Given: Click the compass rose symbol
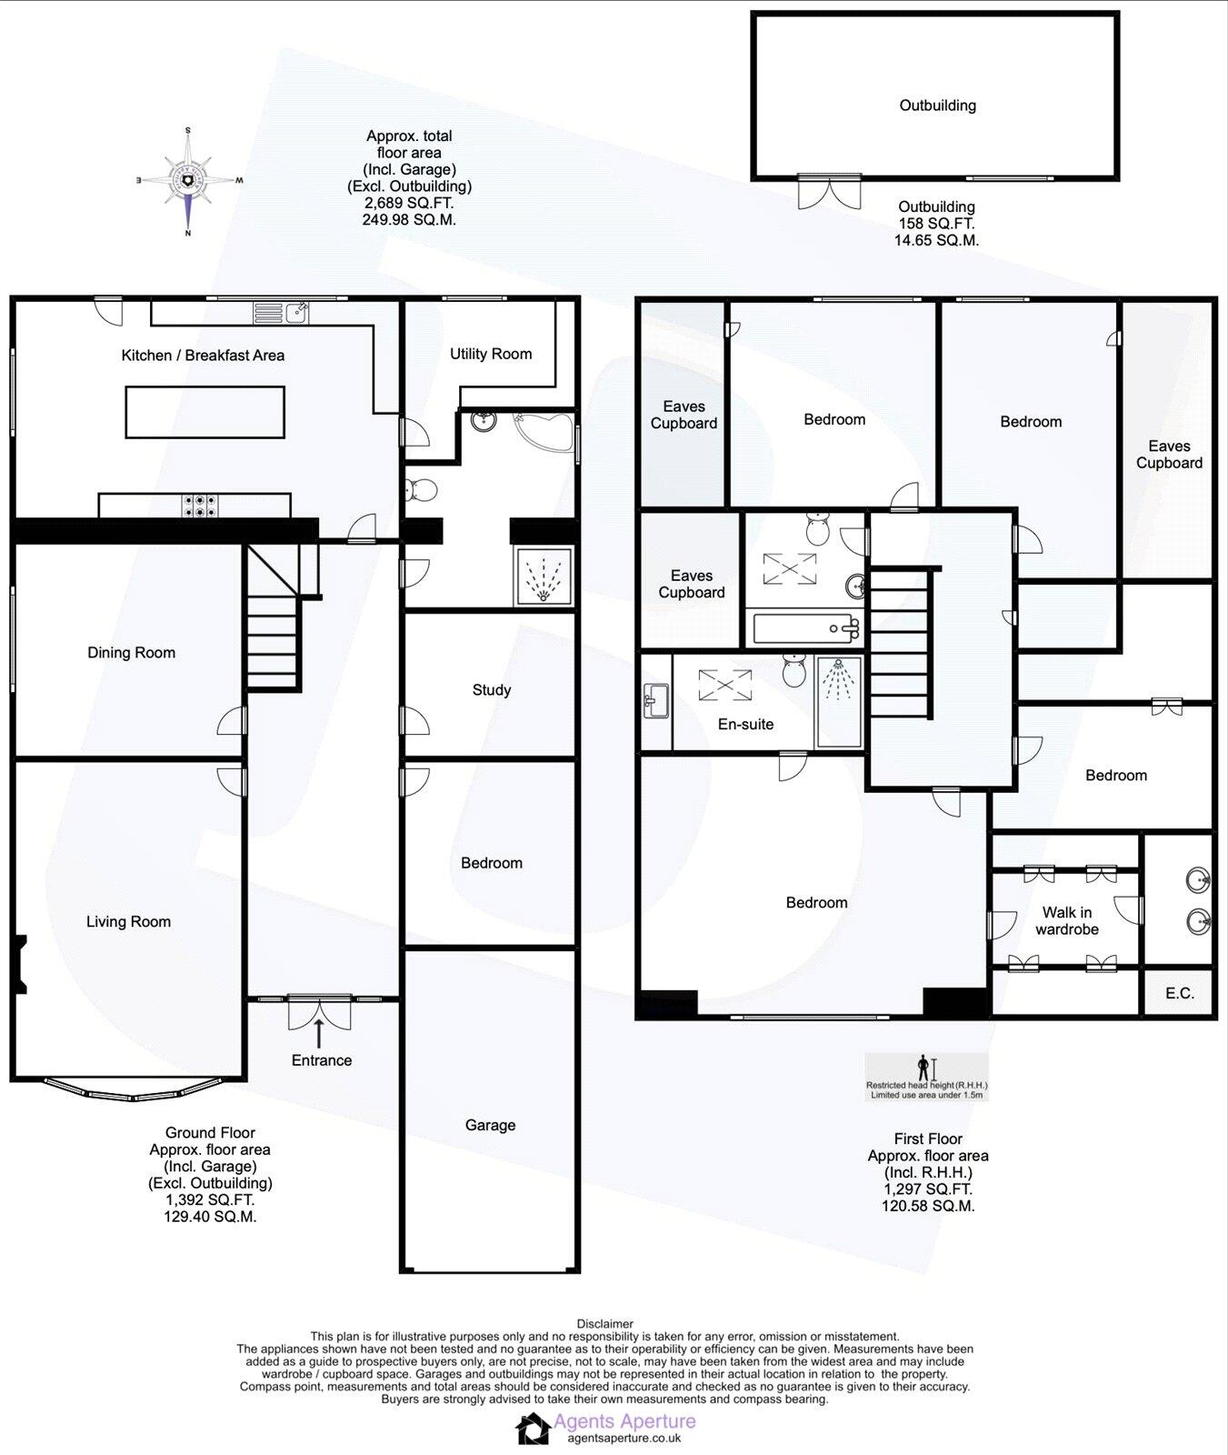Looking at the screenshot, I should click(x=188, y=182).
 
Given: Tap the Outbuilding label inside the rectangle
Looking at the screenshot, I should click(x=937, y=105).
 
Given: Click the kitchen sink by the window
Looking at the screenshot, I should click(x=296, y=313).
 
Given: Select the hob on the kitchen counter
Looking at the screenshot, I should click(x=200, y=506).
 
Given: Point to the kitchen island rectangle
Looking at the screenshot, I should click(x=205, y=412).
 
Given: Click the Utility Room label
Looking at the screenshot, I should click(x=491, y=354).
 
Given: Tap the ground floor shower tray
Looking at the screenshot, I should click(x=544, y=577).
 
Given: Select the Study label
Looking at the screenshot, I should click(x=491, y=690).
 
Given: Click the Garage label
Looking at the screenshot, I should click(x=490, y=1125).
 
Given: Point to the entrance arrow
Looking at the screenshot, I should click(x=319, y=1033).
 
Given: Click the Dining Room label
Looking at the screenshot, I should click(x=131, y=653).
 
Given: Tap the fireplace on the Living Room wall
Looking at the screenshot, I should click(x=20, y=964).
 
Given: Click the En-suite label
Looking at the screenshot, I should click(x=745, y=725).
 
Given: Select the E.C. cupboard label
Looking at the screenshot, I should click(x=1180, y=993).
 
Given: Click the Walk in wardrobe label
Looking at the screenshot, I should click(x=1066, y=920).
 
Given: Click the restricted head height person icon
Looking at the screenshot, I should click(x=924, y=1067).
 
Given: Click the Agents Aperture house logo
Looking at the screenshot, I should click(x=533, y=1429).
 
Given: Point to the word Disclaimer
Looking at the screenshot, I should click(x=604, y=1324).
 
